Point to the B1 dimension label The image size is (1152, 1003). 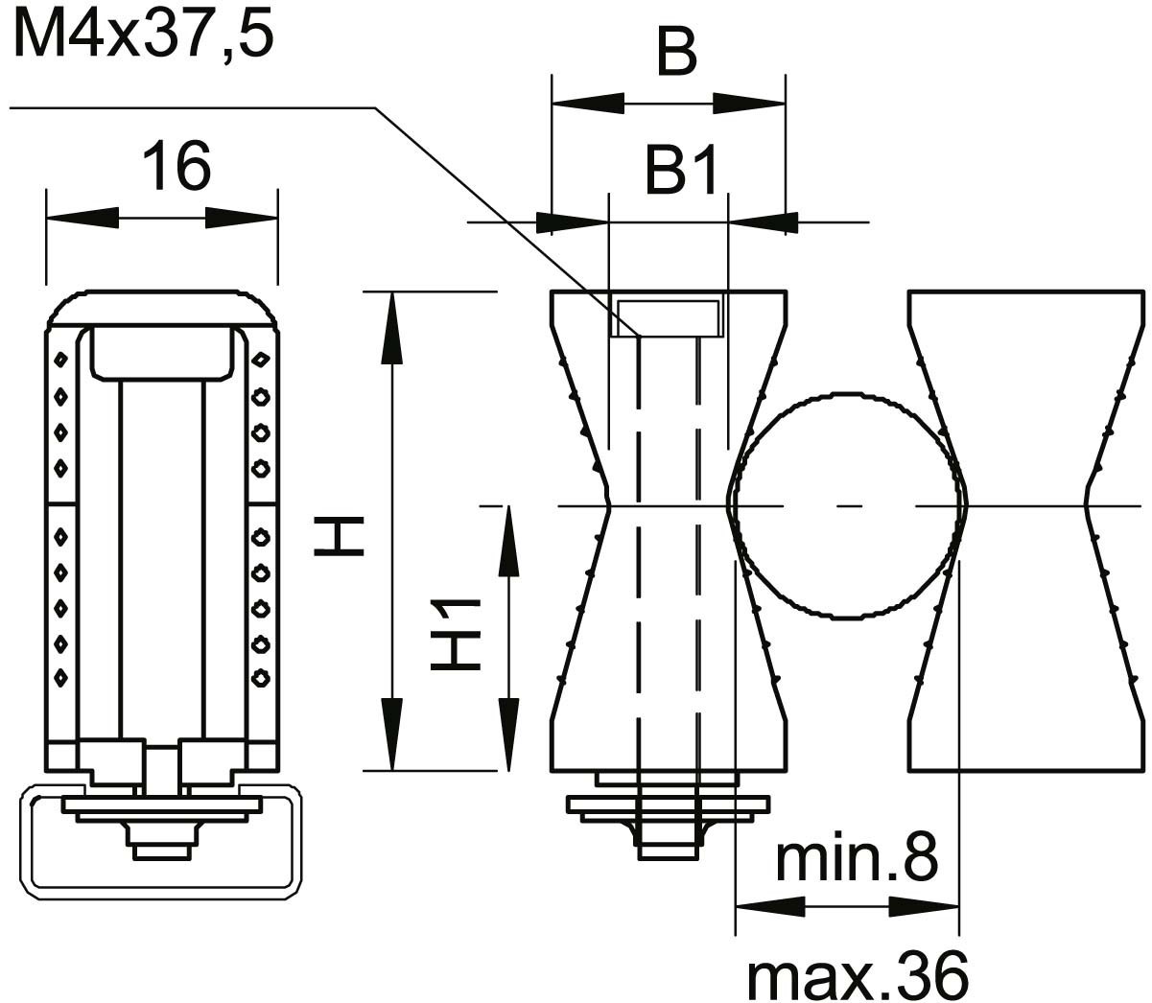[681, 169]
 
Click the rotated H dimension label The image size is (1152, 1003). [339, 537]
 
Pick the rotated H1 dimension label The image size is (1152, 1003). [455, 634]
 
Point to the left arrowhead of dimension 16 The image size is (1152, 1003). [82, 218]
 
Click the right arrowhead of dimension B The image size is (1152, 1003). [749, 104]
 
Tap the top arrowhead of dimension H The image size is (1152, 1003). [392, 328]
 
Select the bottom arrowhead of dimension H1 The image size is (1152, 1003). [508, 735]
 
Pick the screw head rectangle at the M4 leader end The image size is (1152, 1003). [669, 318]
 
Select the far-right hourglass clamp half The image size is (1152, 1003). [1027, 531]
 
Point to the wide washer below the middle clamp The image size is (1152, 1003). [668, 804]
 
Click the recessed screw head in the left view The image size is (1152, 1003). [163, 353]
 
